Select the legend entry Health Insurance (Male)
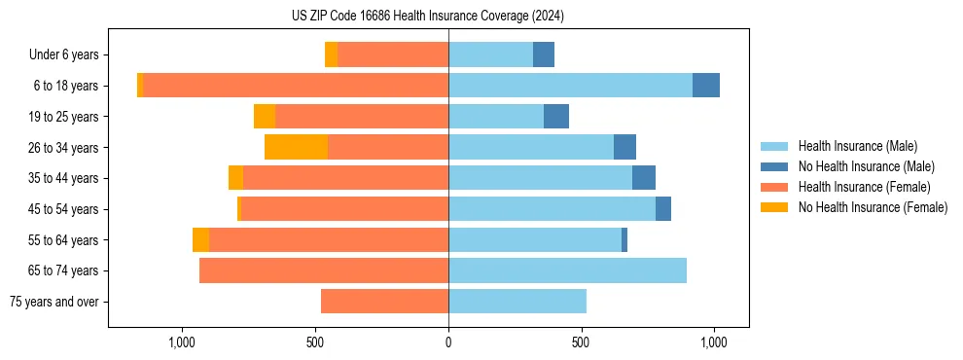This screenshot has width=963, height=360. tap(857, 146)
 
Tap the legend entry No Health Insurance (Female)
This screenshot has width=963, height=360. tap(873, 207)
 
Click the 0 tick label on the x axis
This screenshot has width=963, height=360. tap(448, 342)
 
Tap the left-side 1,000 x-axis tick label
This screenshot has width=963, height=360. tap(182, 342)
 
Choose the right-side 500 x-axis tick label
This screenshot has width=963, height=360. tap(581, 342)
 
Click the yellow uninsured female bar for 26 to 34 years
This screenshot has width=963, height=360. tap(296, 147)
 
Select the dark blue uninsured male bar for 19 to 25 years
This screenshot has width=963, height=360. tap(556, 116)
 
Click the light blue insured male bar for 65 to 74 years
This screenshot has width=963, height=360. tap(567, 270)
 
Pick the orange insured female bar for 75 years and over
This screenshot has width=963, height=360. tap(384, 302)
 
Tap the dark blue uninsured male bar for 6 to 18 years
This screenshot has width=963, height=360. tap(706, 86)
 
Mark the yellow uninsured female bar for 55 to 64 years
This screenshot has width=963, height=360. tap(200, 239)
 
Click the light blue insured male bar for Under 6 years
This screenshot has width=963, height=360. tap(490, 54)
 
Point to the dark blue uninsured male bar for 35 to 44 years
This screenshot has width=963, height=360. tap(644, 178)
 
